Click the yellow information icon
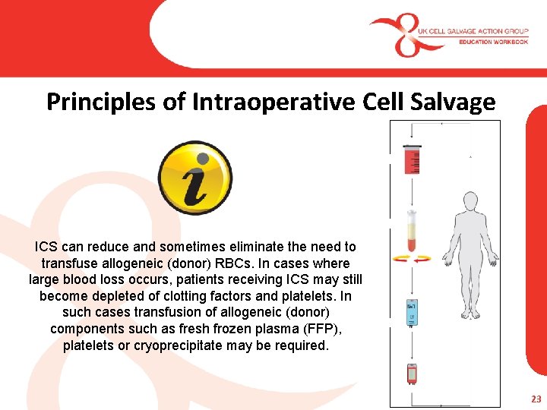(195, 178)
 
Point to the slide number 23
(536, 398)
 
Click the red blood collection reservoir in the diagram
(412, 160)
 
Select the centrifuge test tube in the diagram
(412, 232)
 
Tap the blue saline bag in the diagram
(411, 311)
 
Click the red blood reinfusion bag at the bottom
(412, 374)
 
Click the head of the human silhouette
(470, 203)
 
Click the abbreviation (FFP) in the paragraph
(309, 329)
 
